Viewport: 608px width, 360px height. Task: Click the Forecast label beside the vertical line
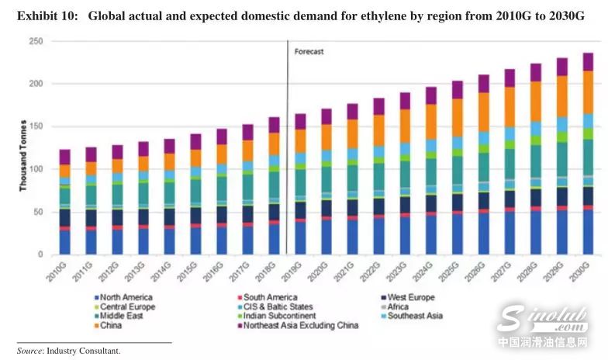[309, 52]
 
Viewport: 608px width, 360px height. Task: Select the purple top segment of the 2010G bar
[64, 157]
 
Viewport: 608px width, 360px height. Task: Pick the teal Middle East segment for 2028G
[534, 161]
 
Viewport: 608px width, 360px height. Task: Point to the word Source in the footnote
[29, 351]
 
